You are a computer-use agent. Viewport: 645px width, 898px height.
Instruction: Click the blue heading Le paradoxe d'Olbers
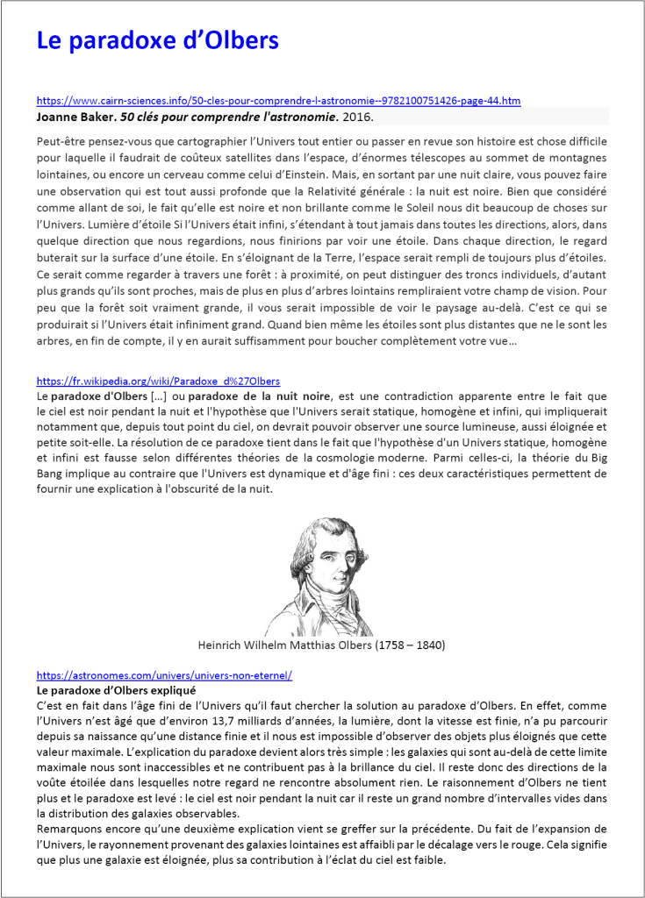pyautogui.click(x=157, y=41)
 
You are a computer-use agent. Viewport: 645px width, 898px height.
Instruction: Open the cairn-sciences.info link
pyautogui.click(x=278, y=101)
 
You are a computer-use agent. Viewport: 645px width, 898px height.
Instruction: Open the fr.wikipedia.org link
pyautogui.click(x=158, y=381)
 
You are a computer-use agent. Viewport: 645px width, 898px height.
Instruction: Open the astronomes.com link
pyautogui.click(x=163, y=675)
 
